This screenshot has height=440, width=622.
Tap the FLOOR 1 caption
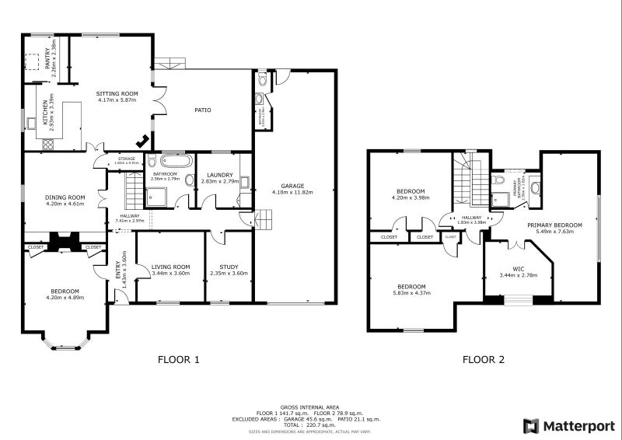[179, 359]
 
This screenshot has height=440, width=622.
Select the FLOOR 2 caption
[484, 359]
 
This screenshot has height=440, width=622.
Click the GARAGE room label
[292, 187]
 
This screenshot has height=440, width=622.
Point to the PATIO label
[202, 110]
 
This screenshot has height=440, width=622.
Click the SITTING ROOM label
[117, 93]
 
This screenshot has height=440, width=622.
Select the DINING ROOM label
[65, 197]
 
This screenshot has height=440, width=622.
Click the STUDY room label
[229, 268]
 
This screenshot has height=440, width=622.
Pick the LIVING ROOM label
[170, 268]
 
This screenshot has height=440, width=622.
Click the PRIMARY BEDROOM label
[554, 225]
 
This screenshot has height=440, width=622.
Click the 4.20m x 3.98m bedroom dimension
[411, 197]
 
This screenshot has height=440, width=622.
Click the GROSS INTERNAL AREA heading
[310, 407]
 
